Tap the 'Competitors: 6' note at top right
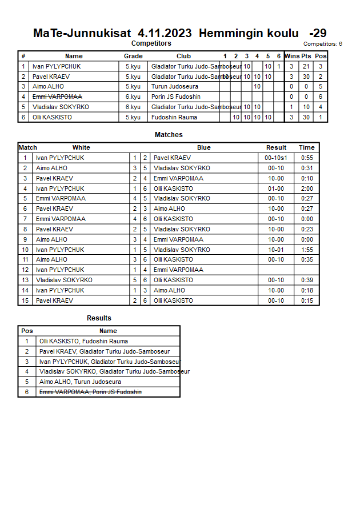pyautogui.click(x=323, y=43)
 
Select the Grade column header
pyautogui.click(x=133, y=56)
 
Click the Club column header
pyautogui.click(x=183, y=56)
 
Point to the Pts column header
pyautogui.click(x=306, y=56)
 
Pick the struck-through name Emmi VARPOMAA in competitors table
pyautogui.click(x=57, y=97)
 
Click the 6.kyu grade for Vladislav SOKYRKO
pyautogui.click(x=133, y=107)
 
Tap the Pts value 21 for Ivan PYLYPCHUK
pyautogui.click(x=306, y=66)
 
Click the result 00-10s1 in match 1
pyautogui.click(x=277, y=158)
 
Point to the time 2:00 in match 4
pyautogui.click(x=306, y=189)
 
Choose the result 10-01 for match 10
pyautogui.click(x=277, y=250)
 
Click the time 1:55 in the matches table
pyautogui.click(x=306, y=250)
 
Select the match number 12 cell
pyautogui.click(x=25, y=270)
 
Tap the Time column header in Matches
pyautogui.click(x=306, y=147)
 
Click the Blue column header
pyautogui.click(x=204, y=147)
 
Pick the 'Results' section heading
pyautogui.click(x=99, y=318)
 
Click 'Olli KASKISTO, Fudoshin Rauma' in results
pyautogui.click(x=83, y=341)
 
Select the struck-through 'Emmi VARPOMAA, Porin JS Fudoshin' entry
pyautogui.click(x=90, y=392)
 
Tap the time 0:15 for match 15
pyautogui.click(x=306, y=300)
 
